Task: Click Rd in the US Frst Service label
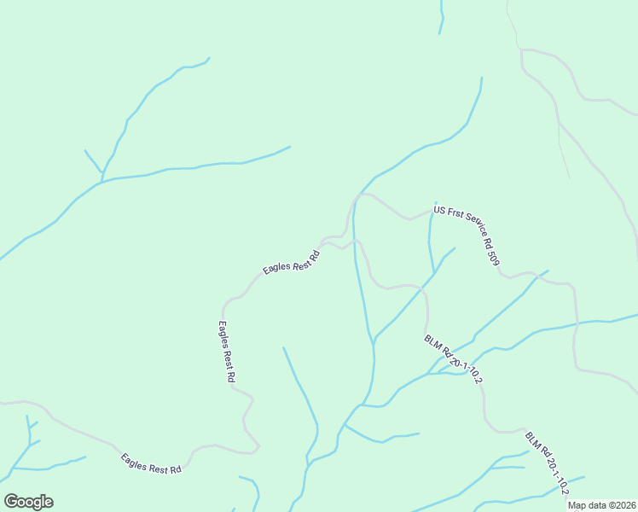pyautogui.click(x=488, y=242)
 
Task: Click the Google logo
pyautogui.click(x=28, y=502)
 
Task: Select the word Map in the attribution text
pyautogui.click(x=578, y=505)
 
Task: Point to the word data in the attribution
pyautogui.click(x=599, y=505)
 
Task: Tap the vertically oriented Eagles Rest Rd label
pyautogui.click(x=226, y=351)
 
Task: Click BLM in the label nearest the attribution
pyautogui.click(x=531, y=439)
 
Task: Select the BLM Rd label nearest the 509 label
pyautogui.click(x=459, y=358)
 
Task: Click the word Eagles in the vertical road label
pyautogui.click(x=223, y=334)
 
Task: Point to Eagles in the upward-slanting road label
pyautogui.click(x=276, y=268)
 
